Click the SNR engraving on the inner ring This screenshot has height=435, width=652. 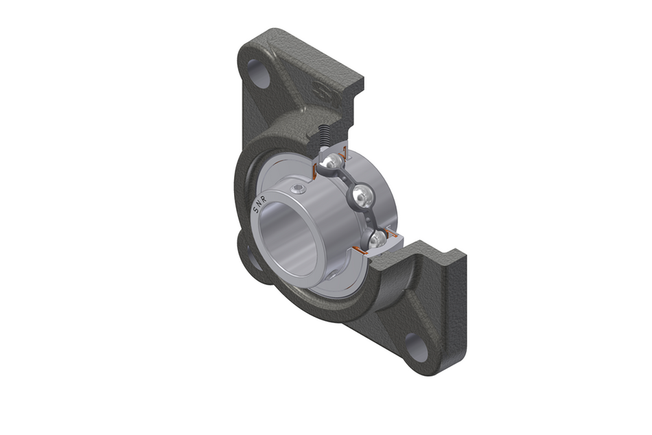261,202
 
